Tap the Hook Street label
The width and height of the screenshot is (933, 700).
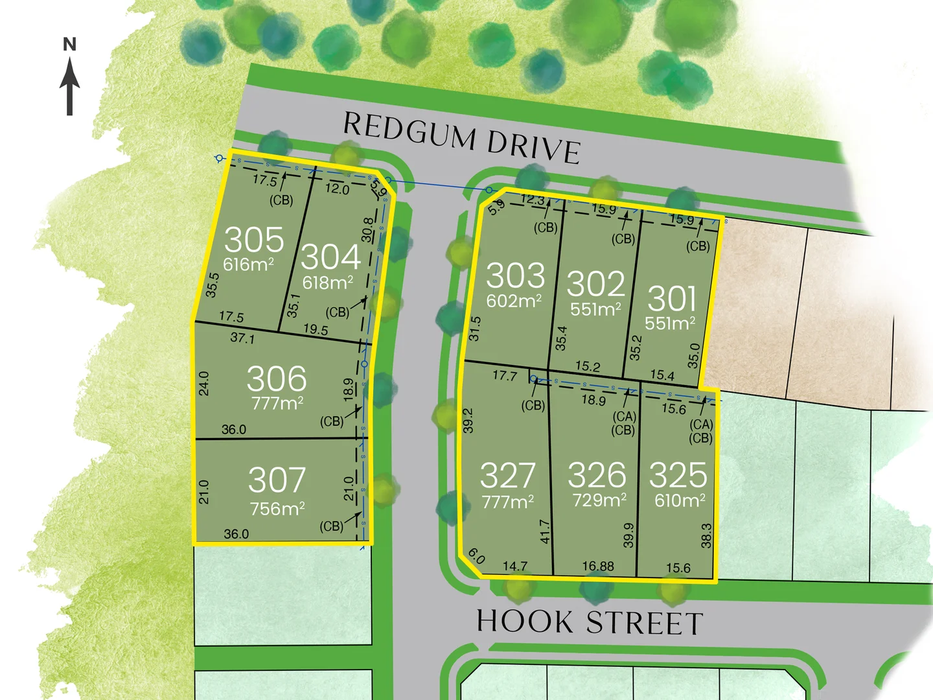click(590, 622)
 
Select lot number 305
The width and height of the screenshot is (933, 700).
click(254, 240)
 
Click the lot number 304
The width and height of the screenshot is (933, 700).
click(330, 257)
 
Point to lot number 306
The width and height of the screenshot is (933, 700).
click(277, 379)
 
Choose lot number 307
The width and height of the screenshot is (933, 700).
click(277, 480)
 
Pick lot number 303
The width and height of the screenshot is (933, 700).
click(516, 275)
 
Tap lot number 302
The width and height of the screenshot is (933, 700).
click(596, 284)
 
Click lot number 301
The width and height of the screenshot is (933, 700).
click(672, 299)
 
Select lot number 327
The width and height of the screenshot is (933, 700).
click(508, 476)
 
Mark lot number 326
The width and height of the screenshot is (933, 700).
click(597, 475)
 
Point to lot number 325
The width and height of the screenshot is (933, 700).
click(678, 475)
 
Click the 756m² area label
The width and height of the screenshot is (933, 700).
click(277, 509)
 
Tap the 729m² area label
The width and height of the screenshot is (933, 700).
click(599, 500)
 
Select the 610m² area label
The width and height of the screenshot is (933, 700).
click(680, 500)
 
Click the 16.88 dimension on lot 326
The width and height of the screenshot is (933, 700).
click(597, 566)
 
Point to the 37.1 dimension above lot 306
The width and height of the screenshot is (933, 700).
click(242, 338)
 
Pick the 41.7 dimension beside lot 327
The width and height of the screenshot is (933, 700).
click(545, 531)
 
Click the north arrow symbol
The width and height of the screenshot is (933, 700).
click(70, 87)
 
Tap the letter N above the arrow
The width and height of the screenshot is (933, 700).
click(70, 45)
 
